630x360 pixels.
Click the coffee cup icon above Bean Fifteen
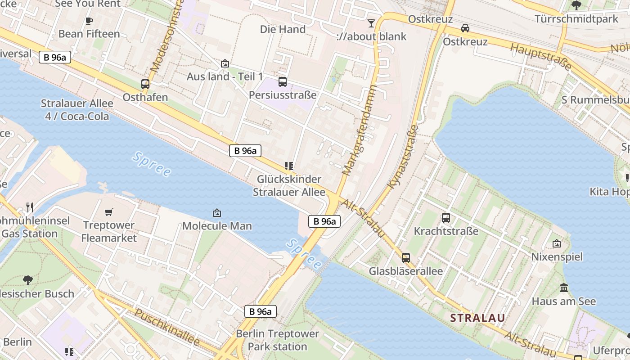tap(89, 21)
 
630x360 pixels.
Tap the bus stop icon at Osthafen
tap(145, 84)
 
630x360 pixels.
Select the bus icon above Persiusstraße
tap(283, 81)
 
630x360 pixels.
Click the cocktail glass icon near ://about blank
tap(371, 23)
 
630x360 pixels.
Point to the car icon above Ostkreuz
tap(465, 28)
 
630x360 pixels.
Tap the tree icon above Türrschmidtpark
tap(576, 5)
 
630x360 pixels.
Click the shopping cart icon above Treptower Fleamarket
tap(109, 212)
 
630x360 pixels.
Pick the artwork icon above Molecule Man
tap(216, 212)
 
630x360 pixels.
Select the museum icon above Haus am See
tap(563, 288)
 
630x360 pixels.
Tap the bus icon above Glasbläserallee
tap(406, 258)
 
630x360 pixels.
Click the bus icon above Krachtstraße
tap(446, 218)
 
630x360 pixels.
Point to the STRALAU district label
tap(477, 318)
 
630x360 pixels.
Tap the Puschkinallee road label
tap(167, 328)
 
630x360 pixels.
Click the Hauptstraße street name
tap(541, 57)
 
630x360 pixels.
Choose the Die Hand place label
tap(283, 29)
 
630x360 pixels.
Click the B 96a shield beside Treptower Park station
tap(260, 311)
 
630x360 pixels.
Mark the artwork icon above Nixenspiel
tap(557, 243)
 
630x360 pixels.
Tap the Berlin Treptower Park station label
tap(277, 340)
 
